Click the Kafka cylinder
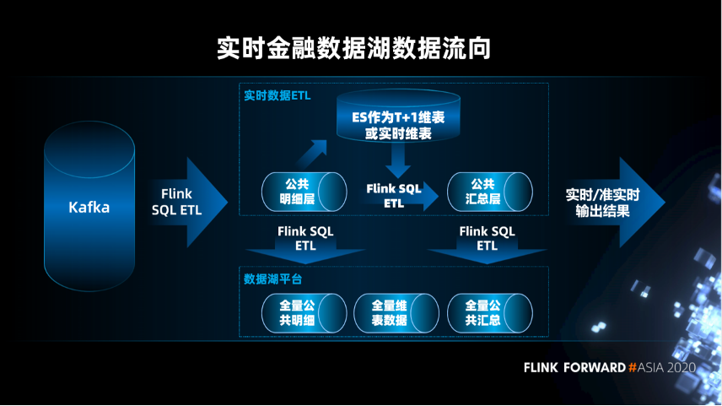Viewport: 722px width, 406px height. (x=89, y=207)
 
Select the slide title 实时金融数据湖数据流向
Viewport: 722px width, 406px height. (x=353, y=47)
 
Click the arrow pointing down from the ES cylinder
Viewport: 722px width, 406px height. (x=397, y=160)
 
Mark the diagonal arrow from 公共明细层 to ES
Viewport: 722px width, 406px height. (x=310, y=155)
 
